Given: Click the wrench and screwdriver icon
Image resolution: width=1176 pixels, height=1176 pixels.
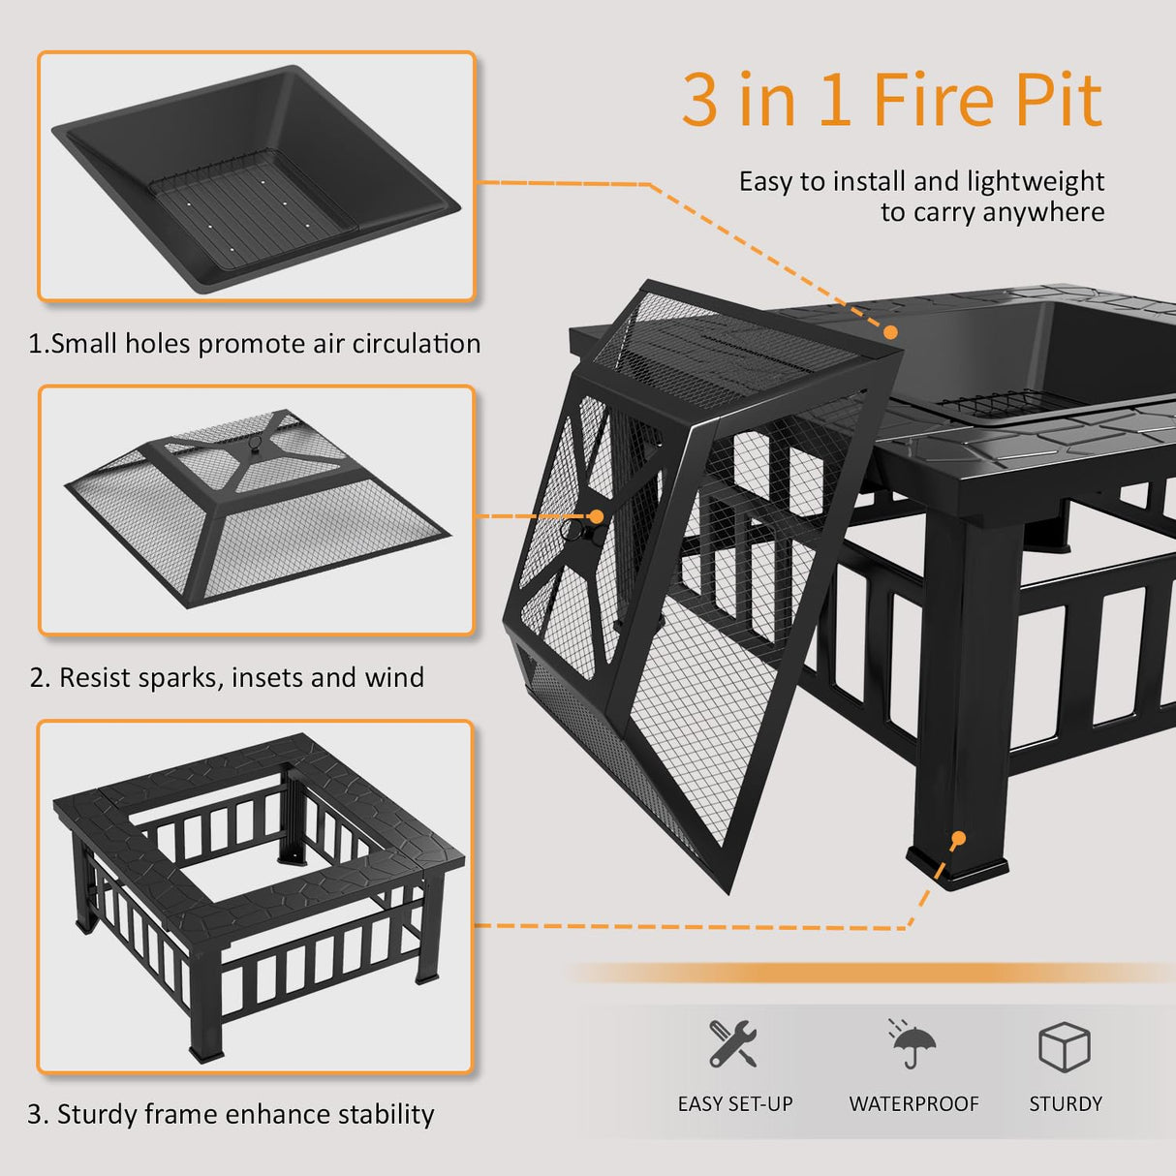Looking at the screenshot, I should pyautogui.click(x=732, y=1043).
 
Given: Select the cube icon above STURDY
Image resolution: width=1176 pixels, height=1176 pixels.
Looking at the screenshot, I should pyautogui.click(x=1064, y=1046).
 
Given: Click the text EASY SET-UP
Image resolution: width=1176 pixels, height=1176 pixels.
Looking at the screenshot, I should pyautogui.click(x=735, y=1103).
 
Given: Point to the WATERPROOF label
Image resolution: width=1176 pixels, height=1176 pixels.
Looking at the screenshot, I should pyautogui.click(x=913, y=1103).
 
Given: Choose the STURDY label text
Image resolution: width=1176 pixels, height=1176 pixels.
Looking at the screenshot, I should pyautogui.click(x=1066, y=1103).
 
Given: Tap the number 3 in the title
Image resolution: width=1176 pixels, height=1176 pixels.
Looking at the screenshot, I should pyautogui.click(x=699, y=100).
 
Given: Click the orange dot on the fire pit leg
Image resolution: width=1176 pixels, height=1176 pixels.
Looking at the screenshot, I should pyautogui.click(x=958, y=839).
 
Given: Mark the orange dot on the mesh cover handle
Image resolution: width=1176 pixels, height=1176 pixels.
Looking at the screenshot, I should pyautogui.click(x=596, y=517).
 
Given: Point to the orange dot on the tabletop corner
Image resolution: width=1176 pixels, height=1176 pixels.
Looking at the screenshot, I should pyautogui.click(x=890, y=331).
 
